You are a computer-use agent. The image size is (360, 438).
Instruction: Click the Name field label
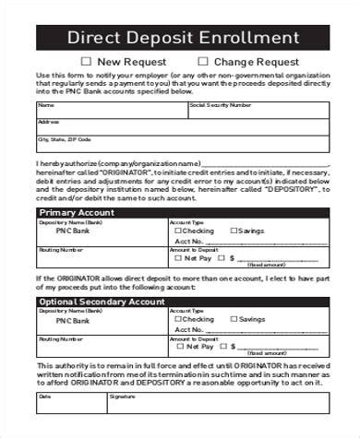42,105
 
